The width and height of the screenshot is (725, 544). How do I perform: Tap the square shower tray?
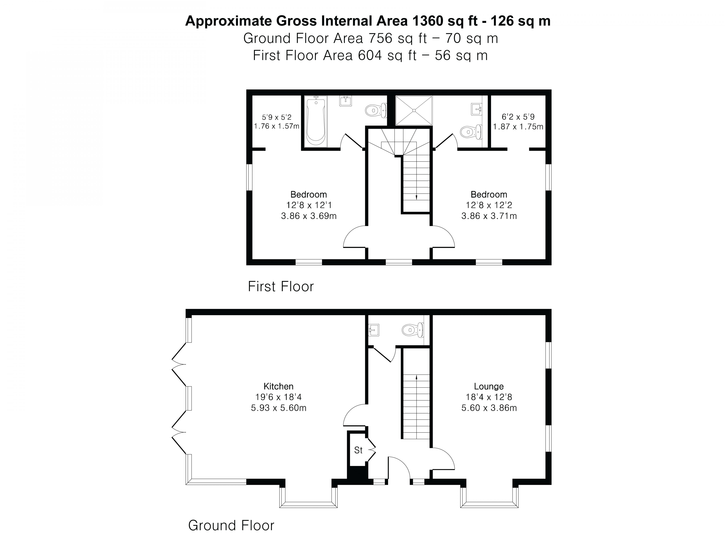414,110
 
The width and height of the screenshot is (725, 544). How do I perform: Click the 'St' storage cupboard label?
358,450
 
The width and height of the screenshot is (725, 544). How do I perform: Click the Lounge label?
489,386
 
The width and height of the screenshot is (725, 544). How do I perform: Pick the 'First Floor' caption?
281,286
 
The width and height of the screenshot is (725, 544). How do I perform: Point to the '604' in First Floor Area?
370,55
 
